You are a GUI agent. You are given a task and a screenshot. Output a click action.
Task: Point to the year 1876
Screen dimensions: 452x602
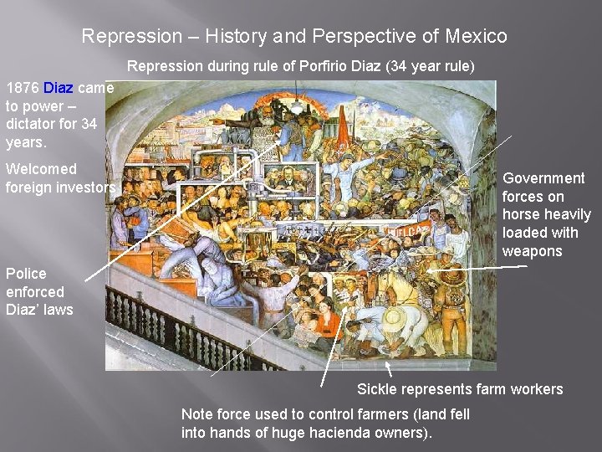point(22,88)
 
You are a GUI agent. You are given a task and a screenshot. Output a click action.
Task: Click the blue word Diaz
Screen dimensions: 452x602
point(59,88)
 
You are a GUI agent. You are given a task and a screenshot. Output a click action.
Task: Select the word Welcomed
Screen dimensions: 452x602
point(41,169)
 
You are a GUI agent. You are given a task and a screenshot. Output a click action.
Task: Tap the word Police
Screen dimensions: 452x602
point(26,274)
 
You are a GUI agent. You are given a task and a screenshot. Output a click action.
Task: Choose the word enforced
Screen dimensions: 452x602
point(35,292)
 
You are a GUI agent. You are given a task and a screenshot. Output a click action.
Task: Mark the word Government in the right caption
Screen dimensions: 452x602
point(543,178)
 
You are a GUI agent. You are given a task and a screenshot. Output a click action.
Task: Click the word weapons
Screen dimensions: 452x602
point(533,252)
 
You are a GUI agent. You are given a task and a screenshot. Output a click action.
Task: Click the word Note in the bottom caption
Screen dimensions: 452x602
point(197,414)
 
